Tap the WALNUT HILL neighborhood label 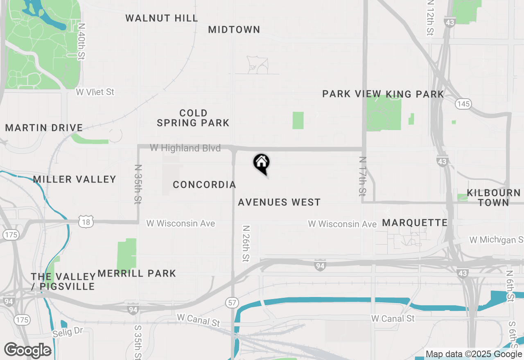[x=162, y=18]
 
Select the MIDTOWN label [x=234, y=29]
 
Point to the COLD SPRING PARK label [x=193, y=118]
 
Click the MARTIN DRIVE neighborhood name [x=44, y=128]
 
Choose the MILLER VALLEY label [x=75, y=179]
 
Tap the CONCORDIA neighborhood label [x=204, y=184]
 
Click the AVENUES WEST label [x=279, y=202]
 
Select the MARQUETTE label [x=415, y=223]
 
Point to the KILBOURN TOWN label [x=494, y=197]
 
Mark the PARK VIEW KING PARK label [x=383, y=94]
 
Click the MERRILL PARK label [x=137, y=273]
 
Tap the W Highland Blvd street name [x=185, y=148]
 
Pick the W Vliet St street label [x=95, y=92]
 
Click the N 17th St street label [x=363, y=176]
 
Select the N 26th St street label [x=246, y=243]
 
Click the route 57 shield [x=232, y=303]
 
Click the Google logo [x=28, y=350]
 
